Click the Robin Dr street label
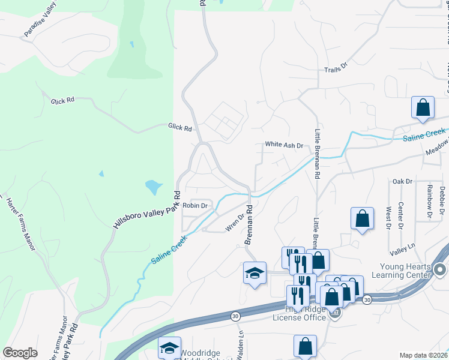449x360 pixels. [x=195, y=205]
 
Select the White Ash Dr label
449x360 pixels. [x=285, y=145]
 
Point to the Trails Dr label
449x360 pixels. [x=336, y=70]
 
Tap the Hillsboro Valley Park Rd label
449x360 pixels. [x=146, y=209]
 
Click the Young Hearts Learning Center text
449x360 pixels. [x=405, y=271]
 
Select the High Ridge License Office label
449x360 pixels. [x=299, y=313]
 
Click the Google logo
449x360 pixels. [x=20, y=353]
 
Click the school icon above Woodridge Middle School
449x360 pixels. [x=170, y=347]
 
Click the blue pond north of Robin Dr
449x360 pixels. [x=153, y=187]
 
